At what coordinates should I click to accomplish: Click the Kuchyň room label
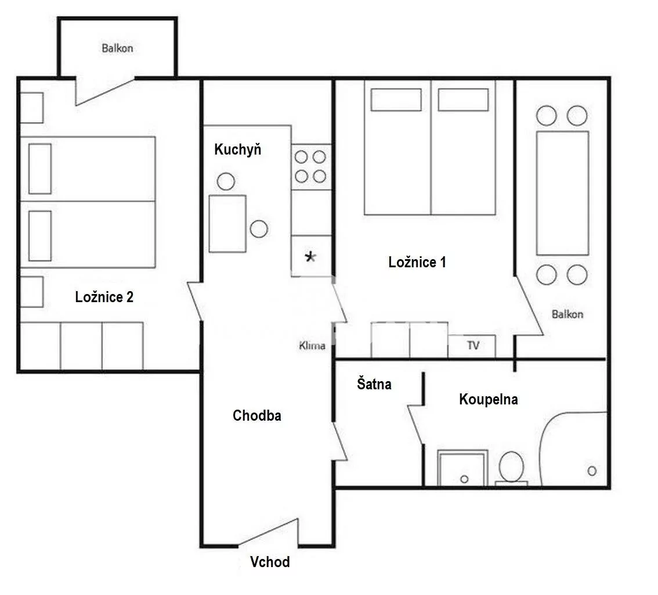point(237,149)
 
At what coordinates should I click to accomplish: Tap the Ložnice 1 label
point(417,262)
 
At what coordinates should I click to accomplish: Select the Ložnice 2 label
point(104,297)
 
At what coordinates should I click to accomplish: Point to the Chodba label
point(257,415)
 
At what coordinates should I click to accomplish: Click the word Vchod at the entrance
point(270,562)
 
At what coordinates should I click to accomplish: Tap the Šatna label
point(374,383)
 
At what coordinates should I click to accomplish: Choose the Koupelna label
point(489,399)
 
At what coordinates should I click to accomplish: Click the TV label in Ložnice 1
point(473,345)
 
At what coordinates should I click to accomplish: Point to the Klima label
point(312,346)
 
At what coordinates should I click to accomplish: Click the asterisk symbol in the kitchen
point(310,257)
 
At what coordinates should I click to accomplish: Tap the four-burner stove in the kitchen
point(311,167)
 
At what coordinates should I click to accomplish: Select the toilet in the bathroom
point(511,468)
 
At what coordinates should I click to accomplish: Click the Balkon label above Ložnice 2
point(117,48)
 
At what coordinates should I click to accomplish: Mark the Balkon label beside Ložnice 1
point(567,314)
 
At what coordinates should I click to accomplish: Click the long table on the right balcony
point(562,193)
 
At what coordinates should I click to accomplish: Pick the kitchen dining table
point(227,224)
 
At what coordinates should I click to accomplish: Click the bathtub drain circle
point(592,471)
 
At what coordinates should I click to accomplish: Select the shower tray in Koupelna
point(462,468)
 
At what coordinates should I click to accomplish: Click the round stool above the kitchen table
point(226,181)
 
